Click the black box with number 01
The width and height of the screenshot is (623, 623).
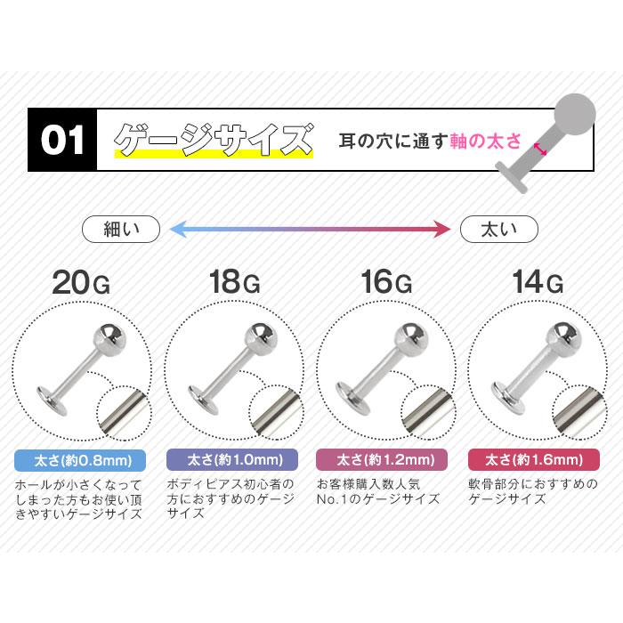pos(62,140)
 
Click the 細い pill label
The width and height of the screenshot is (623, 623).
pos(121,230)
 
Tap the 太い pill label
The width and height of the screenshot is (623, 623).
pos(499,230)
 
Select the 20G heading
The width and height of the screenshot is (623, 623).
pos(81,282)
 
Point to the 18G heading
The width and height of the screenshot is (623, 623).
pos(234,282)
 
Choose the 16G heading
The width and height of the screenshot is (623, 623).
pos(386,282)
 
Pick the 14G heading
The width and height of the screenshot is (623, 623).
pos(538,282)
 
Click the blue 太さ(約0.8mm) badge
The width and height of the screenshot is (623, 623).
pos(80,460)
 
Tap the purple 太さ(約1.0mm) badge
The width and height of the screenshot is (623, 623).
pos(232,460)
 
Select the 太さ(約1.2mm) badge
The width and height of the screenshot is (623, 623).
pos(382,460)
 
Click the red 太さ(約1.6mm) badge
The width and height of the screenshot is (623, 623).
pos(534,460)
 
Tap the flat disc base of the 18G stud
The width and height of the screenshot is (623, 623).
pos(203,400)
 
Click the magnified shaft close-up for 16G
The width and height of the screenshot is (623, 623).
pos(428,412)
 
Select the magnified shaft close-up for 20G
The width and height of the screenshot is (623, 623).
pos(125,413)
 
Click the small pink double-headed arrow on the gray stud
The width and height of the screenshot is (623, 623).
pos(540,149)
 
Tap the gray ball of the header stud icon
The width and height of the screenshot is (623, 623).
pos(575,115)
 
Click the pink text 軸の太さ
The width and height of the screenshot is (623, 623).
pos(485,141)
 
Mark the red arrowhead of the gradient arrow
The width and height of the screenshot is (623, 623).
pos(442,230)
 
